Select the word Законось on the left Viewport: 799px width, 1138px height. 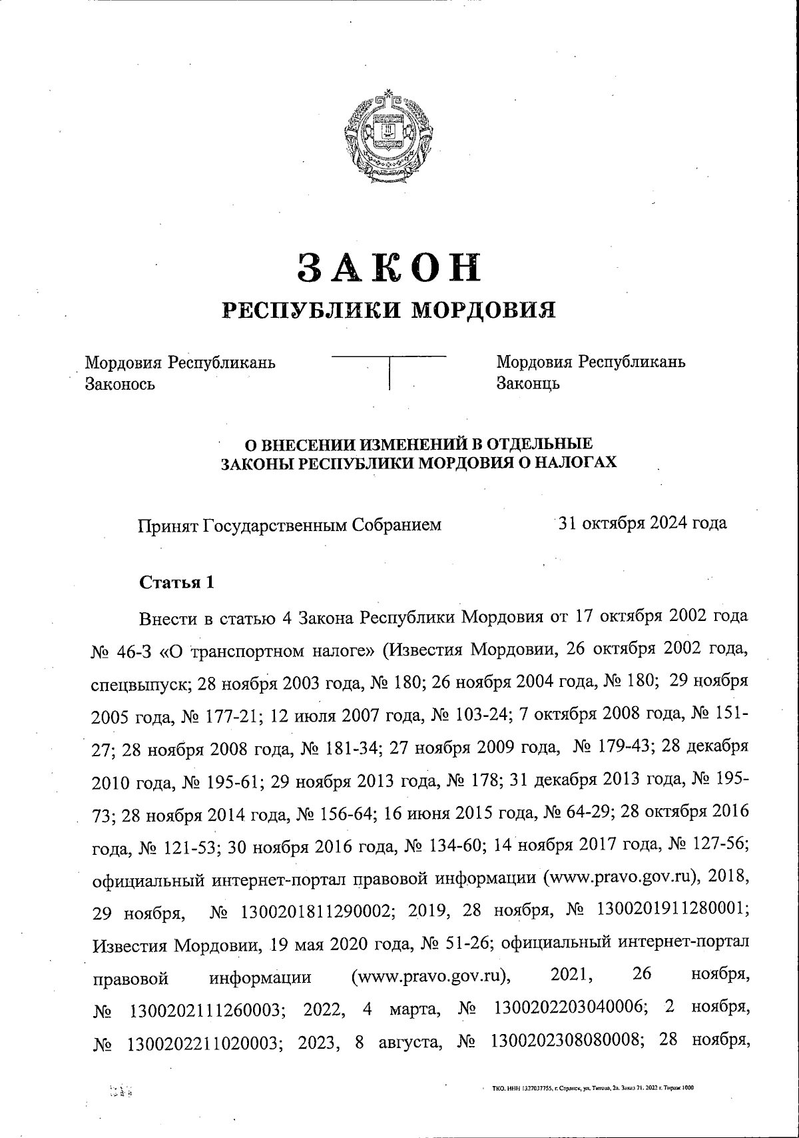[x=120, y=384]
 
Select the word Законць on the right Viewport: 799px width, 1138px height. [x=528, y=384]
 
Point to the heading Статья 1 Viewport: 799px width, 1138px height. [x=176, y=582]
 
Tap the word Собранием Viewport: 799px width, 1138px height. [x=396, y=525]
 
